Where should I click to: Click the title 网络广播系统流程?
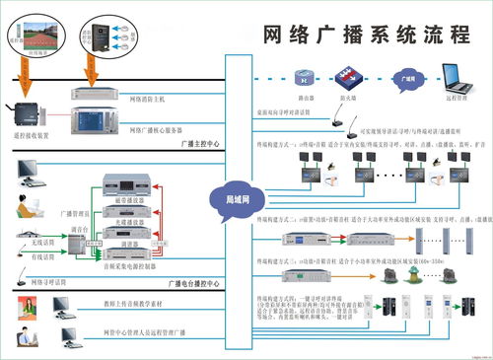point(366,34)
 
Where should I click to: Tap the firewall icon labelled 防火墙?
point(346,76)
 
